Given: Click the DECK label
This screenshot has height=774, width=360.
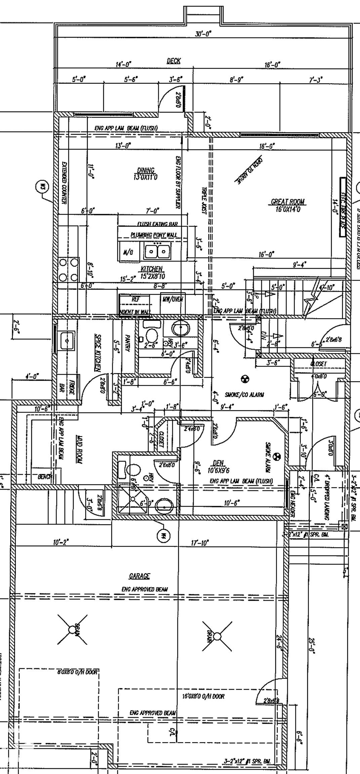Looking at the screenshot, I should pyautogui.click(x=173, y=61).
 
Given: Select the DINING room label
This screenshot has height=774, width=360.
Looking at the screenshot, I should pyautogui.click(x=146, y=171).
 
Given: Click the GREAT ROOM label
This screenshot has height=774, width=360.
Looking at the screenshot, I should pyautogui.click(x=288, y=202).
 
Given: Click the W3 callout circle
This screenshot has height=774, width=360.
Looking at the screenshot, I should pyautogui.click(x=42, y=187).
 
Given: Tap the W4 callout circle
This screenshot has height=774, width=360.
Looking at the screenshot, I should pyautogui.click(x=164, y=535).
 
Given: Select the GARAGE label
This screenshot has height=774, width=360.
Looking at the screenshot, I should pyautogui.click(x=139, y=576).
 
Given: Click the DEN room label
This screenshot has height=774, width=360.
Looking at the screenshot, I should pyautogui.click(x=218, y=463).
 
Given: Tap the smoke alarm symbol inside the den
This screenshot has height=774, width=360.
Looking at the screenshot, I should pyautogui.click(x=277, y=456).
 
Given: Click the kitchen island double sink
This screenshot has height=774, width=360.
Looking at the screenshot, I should pyautogui.click(x=157, y=251).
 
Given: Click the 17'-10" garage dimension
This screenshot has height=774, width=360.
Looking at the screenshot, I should pyautogui.click(x=200, y=542).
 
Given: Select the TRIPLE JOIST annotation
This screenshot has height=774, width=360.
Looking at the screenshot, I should pyautogui.click(x=204, y=202).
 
